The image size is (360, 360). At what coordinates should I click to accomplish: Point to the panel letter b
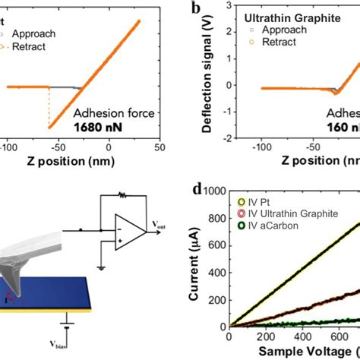196,8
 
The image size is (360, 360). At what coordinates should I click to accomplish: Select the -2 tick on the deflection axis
221,139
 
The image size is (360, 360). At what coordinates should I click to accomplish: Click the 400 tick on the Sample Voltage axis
316,336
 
